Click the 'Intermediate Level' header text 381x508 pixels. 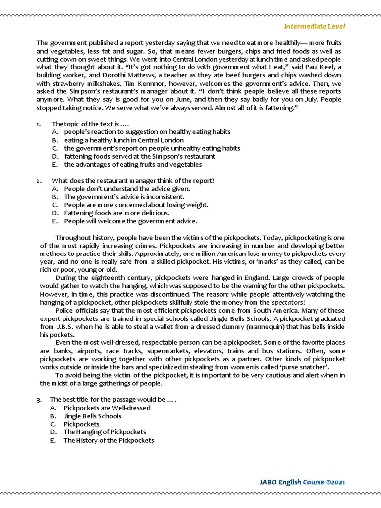pyautogui.click(x=314, y=26)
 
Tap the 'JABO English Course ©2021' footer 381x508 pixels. pyautogui.click(x=302, y=482)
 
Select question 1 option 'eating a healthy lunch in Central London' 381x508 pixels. pyautogui.click(x=124, y=140)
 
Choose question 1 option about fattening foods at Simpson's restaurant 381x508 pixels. pyautogui.click(x=139, y=156)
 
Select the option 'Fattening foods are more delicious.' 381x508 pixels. pyautogui.click(x=117, y=213)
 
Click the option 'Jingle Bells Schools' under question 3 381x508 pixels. pyautogui.click(x=92, y=416)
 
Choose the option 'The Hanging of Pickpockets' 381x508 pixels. pyautogui.click(x=105, y=432)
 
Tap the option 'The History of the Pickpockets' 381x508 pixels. pyautogui.click(x=109, y=440)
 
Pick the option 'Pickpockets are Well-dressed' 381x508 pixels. pyautogui.click(x=107, y=408)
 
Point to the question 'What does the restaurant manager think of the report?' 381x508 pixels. pyautogui.click(x=133, y=181)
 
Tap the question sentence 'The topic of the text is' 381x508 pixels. pyautogui.click(x=90, y=124)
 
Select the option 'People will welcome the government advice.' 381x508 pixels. pyautogui.click(x=130, y=221)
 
